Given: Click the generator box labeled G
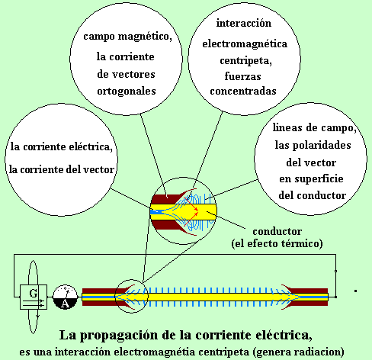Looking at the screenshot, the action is (34, 297).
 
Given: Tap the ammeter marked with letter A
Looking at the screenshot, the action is (65, 297).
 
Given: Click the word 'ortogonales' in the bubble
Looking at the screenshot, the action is (127, 92).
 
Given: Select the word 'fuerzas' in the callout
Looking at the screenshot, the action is (242, 76).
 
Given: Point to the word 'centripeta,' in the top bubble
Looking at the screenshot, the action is (245, 61).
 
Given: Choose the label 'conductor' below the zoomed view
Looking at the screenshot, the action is (277, 231).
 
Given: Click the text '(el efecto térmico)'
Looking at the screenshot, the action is (277, 243).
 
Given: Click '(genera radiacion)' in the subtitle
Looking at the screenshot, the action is (298, 352).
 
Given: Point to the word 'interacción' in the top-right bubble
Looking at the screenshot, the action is (244, 24).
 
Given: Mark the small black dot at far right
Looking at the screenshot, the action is (356, 291).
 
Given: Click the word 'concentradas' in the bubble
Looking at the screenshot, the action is (243, 92).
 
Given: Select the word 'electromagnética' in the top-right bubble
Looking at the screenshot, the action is (245, 43).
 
